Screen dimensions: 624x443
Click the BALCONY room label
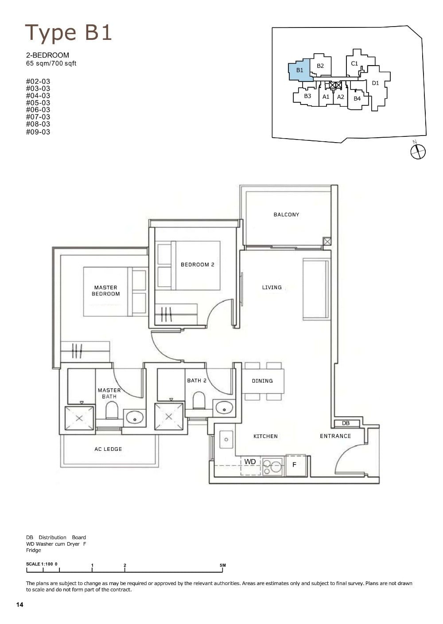click(286, 215)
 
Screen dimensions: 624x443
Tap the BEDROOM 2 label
click(197, 265)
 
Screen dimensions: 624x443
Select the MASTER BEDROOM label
click(106, 291)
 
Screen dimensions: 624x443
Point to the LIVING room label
click(272, 287)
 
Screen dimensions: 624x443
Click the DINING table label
click(262, 381)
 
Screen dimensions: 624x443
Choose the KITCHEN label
click(265, 436)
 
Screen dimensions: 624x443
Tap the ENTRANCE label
click(335, 436)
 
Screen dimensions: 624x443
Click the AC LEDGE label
click(108, 449)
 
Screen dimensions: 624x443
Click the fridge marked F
click(295, 465)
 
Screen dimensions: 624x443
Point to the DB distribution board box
click(346, 423)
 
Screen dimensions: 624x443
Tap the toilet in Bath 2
click(198, 402)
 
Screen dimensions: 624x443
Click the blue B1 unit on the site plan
click(299, 70)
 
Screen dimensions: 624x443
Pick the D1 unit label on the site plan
click(375, 83)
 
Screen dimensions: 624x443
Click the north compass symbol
click(418, 151)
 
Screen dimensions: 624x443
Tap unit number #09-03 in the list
click(38, 132)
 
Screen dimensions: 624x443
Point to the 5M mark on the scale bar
click(222, 565)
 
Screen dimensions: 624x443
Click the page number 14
click(19, 605)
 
